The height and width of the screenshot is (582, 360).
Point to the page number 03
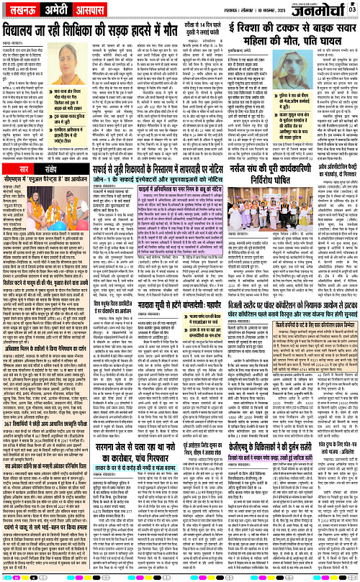click(x=352, y=8)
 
